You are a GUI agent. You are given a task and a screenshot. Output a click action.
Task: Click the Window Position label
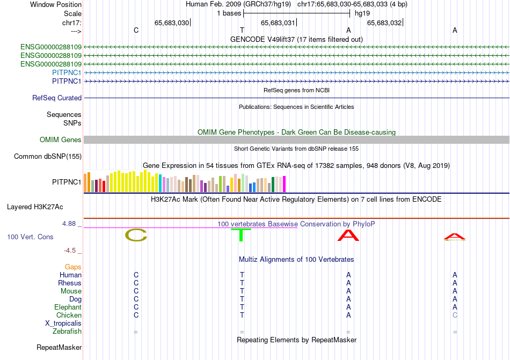(56, 4)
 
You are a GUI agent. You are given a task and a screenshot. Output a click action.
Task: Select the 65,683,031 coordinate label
(278, 23)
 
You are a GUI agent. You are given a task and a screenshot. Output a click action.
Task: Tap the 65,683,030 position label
(171, 23)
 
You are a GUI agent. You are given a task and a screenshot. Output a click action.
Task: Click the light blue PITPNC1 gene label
(67, 72)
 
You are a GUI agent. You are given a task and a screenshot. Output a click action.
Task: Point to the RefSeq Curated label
(57, 98)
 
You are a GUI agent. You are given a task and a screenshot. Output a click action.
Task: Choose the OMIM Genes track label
(60, 139)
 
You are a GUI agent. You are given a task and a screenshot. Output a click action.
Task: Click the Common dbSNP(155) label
(48, 156)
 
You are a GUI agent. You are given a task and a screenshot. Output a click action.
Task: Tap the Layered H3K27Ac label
(35, 207)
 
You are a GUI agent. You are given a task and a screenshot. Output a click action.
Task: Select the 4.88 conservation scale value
(69, 224)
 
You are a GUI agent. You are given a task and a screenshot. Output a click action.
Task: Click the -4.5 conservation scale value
(70, 250)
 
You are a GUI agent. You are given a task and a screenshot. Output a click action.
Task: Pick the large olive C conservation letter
(136, 235)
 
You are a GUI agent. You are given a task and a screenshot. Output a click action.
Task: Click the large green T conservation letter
(241, 235)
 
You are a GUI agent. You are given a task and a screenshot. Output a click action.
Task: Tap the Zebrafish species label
(67, 332)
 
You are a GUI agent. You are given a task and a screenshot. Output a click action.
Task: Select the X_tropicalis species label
(63, 324)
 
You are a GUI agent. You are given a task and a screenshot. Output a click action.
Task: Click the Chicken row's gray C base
(455, 315)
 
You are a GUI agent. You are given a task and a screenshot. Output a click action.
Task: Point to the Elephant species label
(68, 307)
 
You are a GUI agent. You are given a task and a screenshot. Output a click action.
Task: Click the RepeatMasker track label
(59, 347)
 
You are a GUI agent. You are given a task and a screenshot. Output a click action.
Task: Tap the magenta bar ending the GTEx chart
(285, 184)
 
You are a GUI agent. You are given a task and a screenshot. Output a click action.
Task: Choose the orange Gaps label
(73, 267)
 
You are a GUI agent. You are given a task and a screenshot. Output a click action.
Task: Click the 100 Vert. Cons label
(30, 237)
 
